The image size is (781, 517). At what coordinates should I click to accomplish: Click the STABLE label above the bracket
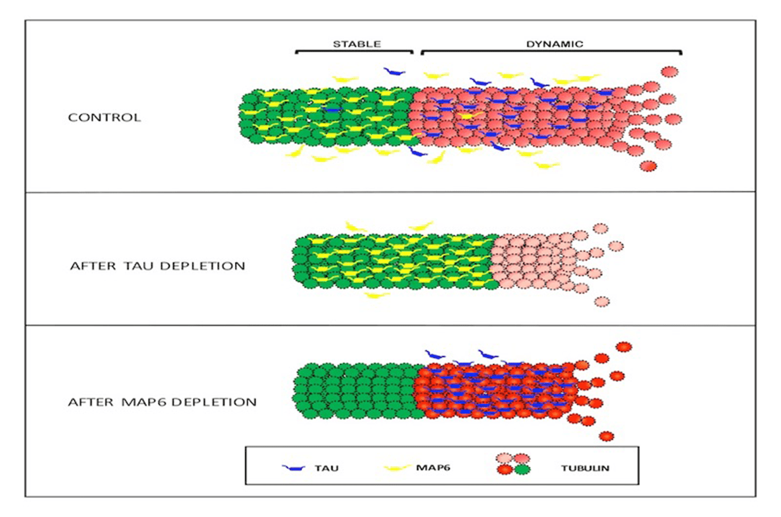coord(357,44)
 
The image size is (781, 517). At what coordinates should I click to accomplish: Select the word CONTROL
coord(104,118)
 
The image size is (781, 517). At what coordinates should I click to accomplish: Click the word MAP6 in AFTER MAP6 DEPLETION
coord(141,402)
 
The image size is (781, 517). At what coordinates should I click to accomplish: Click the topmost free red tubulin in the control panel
coord(670,71)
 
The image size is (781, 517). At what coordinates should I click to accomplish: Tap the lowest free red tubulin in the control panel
coord(649,166)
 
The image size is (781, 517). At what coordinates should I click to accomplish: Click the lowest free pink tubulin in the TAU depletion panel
coord(602,301)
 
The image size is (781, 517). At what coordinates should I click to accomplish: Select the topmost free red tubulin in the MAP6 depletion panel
coord(624,347)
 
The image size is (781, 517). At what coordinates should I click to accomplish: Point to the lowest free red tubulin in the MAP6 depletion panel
coord(606,436)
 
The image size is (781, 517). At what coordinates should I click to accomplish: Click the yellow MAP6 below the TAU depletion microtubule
coord(377,295)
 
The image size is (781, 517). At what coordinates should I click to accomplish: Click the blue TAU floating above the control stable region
coord(395,72)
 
